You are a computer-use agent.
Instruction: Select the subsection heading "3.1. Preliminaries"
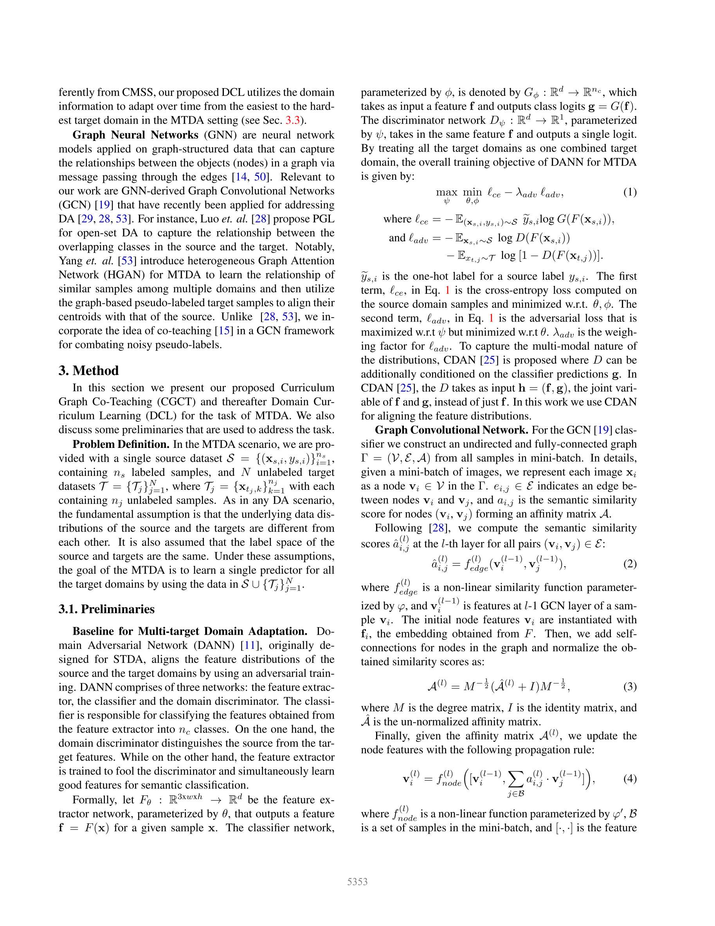click(x=106, y=609)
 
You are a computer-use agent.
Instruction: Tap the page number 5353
click(x=357, y=882)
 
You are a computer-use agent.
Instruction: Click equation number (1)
click(x=629, y=192)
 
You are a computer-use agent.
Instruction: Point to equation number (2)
click(x=629, y=564)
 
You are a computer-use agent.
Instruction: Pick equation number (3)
click(x=629, y=686)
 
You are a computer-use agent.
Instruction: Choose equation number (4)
click(x=629, y=778)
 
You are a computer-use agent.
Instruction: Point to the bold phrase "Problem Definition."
click(x=121, y=444)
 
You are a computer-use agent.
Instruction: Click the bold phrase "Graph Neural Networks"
click(x=136, y=135)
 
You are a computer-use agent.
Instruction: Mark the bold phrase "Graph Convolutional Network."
click(x=451, y=430)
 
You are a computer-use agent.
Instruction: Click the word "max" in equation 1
click(x=446, y=192)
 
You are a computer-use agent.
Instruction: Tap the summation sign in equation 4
click(x=514, y=778)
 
